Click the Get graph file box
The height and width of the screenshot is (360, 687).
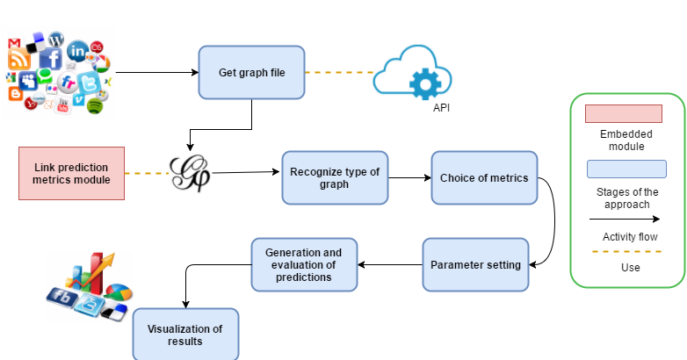click(x=251, y=72)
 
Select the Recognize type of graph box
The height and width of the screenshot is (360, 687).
click(x=335, y=178)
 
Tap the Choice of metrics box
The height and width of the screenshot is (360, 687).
click(x=484, y=178)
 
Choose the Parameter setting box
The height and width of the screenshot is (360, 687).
click(x=475, y=265)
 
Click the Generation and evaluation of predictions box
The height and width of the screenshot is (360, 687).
click(x=305, y=264)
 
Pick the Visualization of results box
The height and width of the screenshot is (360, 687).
click(x=185, y=335)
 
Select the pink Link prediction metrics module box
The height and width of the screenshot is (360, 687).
click(x=71, y=174)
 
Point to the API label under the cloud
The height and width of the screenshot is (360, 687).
click(x=444, y=109)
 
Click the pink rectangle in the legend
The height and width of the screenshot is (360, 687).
click(x=623, y=114)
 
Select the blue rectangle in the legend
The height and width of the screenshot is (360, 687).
click(x=623, y=169)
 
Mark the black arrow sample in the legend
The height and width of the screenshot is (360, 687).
click(x=623, y=219)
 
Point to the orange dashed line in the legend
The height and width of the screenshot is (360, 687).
click(x=623, y=253)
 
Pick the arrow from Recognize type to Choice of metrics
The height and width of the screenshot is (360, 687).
click(x=409, y=178)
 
